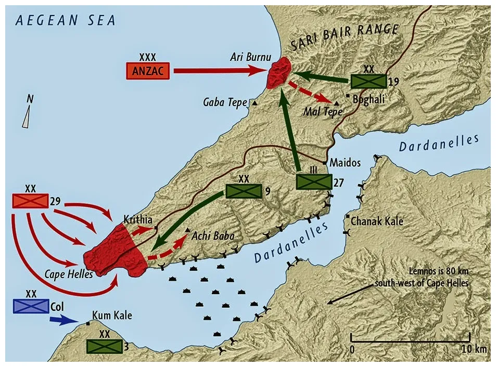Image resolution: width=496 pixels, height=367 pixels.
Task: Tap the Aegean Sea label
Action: [66, 20]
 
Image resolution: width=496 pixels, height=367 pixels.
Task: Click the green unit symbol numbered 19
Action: [368, 81]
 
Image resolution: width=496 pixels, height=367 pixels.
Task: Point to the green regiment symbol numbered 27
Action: [314, 181]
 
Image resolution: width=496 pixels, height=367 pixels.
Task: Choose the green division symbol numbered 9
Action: [243, 191]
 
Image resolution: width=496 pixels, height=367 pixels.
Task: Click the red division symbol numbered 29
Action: [30, 201]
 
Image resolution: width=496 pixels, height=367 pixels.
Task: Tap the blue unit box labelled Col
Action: [31, 306]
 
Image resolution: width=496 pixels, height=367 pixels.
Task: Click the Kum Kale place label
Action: [111, 316]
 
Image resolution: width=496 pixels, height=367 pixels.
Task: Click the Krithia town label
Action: [137, 220]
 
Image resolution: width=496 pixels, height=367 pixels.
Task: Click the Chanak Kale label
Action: [377, 221]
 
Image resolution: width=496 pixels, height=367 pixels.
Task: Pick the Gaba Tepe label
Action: [225, 102]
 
